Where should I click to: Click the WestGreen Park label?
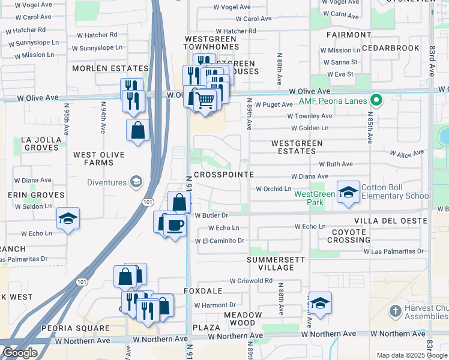click(315, 198)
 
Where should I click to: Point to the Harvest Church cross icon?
click(394, 311)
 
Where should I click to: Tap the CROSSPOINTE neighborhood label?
click(224, 174)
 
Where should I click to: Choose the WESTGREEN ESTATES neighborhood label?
click(297, 148)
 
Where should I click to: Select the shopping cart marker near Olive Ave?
click(205, 100)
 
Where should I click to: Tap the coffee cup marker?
click(175, 225)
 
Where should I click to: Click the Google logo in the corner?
click(20, 353)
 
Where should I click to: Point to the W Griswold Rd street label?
click(251, 280)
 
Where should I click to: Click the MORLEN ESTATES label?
click(110, 68)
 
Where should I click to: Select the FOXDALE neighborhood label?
click(208, 291)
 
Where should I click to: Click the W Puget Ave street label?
click(274, 104)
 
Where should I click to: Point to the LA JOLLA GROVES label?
click(41, 144)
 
